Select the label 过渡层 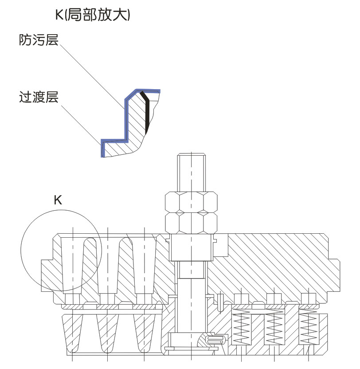click(39, 96)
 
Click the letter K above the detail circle click(58, 200)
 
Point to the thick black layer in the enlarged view click(146, 113)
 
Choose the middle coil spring click(274, 328)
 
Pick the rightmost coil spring click(308, 328)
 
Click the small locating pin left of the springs click(220, 299)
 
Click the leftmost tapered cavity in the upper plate click(73, 264)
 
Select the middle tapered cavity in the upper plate click(109, 264)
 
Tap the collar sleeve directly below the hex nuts click(191, 248)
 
